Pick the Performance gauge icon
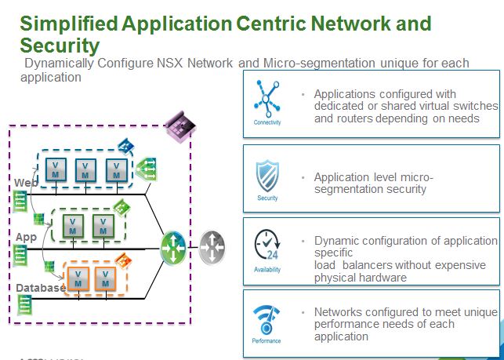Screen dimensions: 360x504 (267, 318)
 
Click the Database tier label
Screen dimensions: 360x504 (41, 288)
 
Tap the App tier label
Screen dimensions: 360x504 (26, 236)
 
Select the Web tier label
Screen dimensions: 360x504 (26, 183)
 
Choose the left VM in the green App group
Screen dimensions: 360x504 (73, 225)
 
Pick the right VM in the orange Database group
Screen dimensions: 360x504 (107, 277)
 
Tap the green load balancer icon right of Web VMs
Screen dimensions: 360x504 (146, 169)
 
